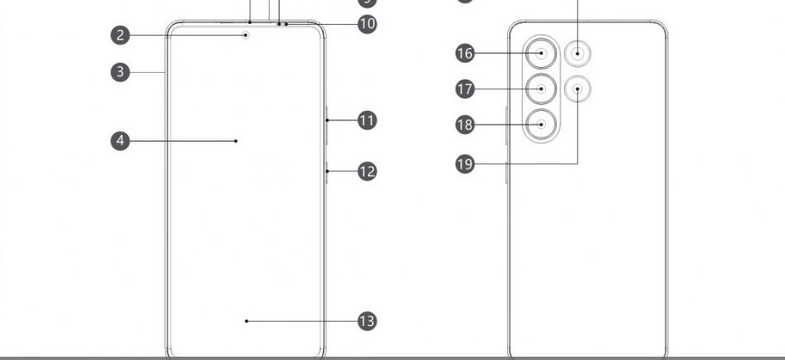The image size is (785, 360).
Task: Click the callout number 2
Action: (121, 35)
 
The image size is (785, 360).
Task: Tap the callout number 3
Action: (121, 72)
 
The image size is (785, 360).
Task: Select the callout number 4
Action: (121, 141)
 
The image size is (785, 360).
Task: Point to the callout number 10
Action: (367, 23)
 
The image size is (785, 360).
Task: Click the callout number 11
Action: (367, 121)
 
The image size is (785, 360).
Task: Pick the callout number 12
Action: (367, 171)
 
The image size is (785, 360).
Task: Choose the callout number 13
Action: (367, 320)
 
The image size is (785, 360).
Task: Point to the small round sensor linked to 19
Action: (577, 89)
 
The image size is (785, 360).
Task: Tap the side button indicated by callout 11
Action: (327, 121)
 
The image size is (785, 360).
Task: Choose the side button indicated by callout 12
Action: (327, 171)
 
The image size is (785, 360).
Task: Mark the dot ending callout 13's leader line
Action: (247, 320)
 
